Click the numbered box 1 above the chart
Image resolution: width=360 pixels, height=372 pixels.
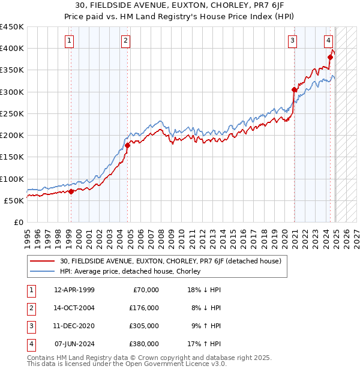(x=70, y=41)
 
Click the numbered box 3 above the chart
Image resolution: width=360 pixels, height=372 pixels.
(x=292, y=41)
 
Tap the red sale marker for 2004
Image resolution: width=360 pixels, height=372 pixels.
(x=128, y=145)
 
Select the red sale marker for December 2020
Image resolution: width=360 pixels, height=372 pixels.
(x=295, y=90)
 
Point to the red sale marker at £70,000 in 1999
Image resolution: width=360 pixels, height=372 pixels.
(x=71, y=191)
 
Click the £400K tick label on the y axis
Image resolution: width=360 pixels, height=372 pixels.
(x=12, y=49)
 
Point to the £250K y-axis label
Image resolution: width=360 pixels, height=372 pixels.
(x=12, y=113)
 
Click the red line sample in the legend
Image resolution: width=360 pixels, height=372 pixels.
(x=42, y=261)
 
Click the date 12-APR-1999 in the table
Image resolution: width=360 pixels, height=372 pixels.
(x=74, y=290)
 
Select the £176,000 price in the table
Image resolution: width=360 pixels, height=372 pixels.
(x=145, y=308)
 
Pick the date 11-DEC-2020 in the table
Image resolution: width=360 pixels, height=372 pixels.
(x=74, y=326)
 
